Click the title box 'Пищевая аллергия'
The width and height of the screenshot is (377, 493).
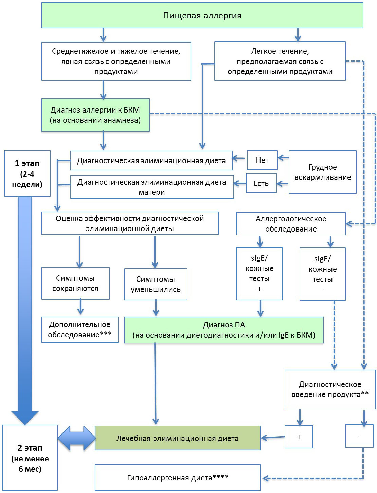pyautogui.click(x=202, y=15)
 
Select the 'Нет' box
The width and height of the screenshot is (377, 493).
pyautogui.click(x=262, y=160)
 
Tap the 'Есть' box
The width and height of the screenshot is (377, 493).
pyautogui.click(x=261, y=183)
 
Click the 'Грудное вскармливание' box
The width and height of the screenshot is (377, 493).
pyautogui.click(x=322, y=172)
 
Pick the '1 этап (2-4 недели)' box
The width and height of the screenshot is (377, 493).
pyautogui.click(x=27, y=173)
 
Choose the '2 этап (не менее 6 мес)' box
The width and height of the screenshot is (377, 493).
pyautogui.click(x=30, y=458)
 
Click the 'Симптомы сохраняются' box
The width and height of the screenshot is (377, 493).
pyautogui.click(x=75, y=283)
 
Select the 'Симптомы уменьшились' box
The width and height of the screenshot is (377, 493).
pyautogui.click(x=156, y=284)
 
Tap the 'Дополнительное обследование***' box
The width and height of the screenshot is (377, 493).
pyautogui.click(x=80, y=329)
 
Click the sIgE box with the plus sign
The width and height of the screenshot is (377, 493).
pyautogui.click(x=259, y=273)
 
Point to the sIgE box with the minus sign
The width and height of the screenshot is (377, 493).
pyautogui.click(x=322, y=274)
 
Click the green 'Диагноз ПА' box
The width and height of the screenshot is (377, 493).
pyautogui.click(x=224, y=330)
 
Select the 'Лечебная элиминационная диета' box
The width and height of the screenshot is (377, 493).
pyautogui.click(x=177, y=438)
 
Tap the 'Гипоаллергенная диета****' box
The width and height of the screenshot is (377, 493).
pyautogui.click(x=178, y=478)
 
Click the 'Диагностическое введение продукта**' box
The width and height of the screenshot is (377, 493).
pyautogui.click(x=330, y=389)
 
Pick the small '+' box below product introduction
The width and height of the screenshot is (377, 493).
pyautogui.click(x=299, y=437)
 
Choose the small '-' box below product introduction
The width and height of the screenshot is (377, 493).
pyautogui.click(x=359, y=437)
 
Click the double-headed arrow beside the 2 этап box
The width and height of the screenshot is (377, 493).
pyautogui.click(x=76, y=438)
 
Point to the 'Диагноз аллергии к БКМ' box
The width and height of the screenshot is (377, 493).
pyautogui.click(x=95, y=115)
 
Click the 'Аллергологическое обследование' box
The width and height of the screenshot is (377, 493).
pyautogui.click(x=291, y=224)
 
